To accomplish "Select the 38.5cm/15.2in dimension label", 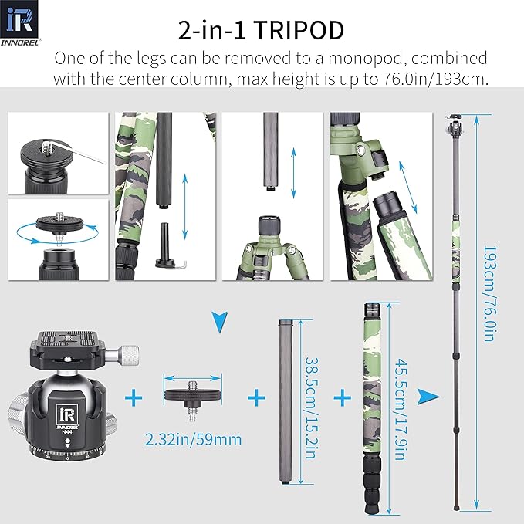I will pos(310,401).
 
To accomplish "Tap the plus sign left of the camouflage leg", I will pos(341,398).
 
